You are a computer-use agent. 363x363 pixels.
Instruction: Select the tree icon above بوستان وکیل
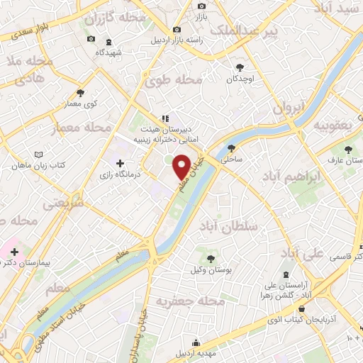point(210,256)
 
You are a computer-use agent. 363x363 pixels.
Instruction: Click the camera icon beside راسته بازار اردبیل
point(177,30)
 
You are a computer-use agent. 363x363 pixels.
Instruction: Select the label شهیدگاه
point(109,52)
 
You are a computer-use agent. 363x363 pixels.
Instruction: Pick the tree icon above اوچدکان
point(239,67)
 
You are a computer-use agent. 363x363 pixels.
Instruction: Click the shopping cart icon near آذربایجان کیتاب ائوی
point(303,308)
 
